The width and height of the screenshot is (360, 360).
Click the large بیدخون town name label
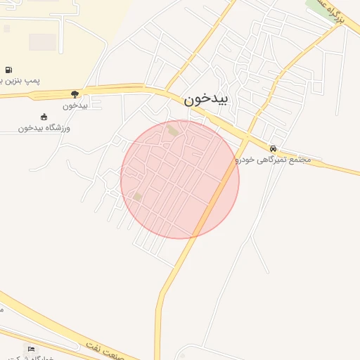pyautogui.click(x=207, y=99)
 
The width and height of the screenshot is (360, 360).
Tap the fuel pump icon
pyautogui.click(x=8, y=70)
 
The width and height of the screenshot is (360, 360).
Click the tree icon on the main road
pyautogui.click(x=75, y=94)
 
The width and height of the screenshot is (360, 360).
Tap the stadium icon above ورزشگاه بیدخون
pyautogui.click(x=44, y=117)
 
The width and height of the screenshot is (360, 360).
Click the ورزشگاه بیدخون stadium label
pyautogui.click(x=44, y=128)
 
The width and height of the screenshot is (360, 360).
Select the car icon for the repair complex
pyautogui.click(x=273, y=148)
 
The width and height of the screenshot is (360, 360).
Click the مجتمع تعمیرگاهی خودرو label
pyautogui.click(x=274, y=160)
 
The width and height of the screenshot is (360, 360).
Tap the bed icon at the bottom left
pyautogui.click(x=31, y=349)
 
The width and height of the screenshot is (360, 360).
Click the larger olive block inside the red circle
pyautogui.click(x=173, y=130)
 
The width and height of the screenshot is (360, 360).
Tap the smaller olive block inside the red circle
pyautogui.click(x=138, y=197)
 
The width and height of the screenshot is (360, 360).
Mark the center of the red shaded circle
pyautogui.click(x=180, y=179)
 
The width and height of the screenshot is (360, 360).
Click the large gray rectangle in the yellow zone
pyautogui.click(x=42, y=42)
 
